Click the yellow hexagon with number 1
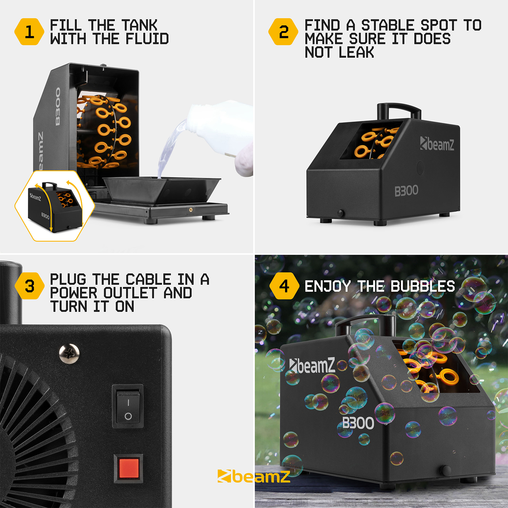pyautogui.click(x=29, y=32)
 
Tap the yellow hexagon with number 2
pyautogui.click(x=283, y=32)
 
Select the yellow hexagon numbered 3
pyautogui.click(x=29, y=286)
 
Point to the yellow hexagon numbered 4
pyautogui.click(x=284, y=286)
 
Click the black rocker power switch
pyautogui.click(x=128, y=406)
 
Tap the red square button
pyautogui.click(x=128, y=468)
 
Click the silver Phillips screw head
pyautogui.click(x=69, y=354)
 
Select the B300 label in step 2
pyautogui.click(x=406, y=191)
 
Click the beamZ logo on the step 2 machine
pyautogui.click(x=437, y=144)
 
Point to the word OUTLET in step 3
pyautogui.click(x=130, y=293)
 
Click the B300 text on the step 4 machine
pyautogui.click(x=358, y=423)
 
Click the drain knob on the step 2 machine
pyautogui.click(x=340, y=213)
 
